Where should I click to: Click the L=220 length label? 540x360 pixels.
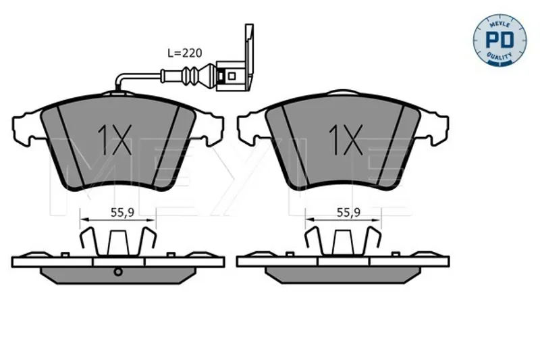point(184,53)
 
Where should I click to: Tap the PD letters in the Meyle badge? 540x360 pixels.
point(500,40)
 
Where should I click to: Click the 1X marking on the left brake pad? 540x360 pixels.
point(114,140)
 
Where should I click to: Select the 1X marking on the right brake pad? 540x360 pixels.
point(346,140)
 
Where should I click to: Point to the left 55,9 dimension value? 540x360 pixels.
point(122,213)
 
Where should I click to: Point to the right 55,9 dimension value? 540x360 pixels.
point(348,213)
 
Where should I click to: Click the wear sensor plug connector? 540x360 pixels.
point(230,76)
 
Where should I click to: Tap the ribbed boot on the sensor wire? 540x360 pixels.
point(190,76)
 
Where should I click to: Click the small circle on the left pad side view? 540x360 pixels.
point(118,272)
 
